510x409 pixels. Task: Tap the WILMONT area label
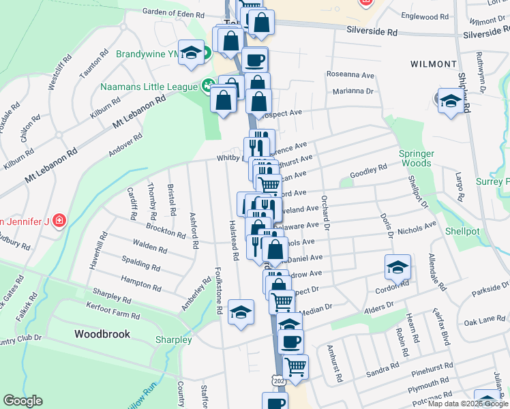(x=433, y=64)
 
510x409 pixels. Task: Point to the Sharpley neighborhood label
(x=173, y=339)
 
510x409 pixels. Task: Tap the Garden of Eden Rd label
(x=173, y=14)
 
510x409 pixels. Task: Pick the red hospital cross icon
(x=59, y=221)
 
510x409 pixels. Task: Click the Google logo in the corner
(x=22, y=402)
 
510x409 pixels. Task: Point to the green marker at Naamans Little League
(x=206, y=87)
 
